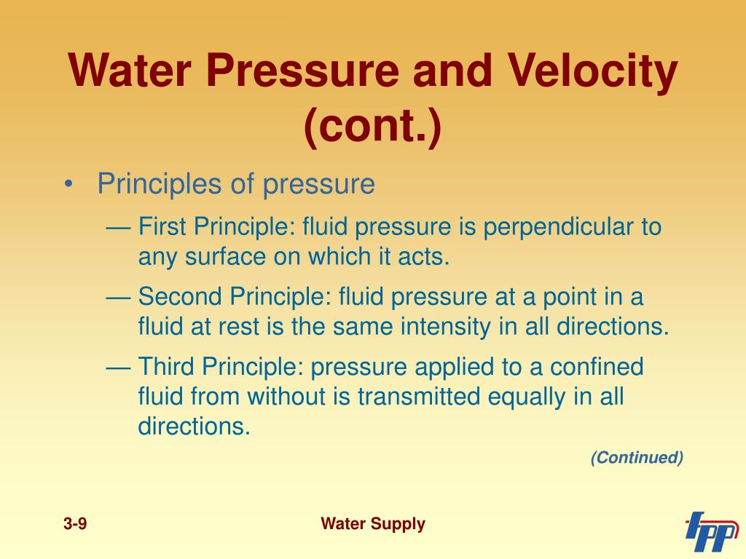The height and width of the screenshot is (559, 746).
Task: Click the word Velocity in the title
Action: click(592, 72)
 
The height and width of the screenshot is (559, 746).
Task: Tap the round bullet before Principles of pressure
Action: click(69, 184)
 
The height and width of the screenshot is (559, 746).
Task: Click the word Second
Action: click(180, 297)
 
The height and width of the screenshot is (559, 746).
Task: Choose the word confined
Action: click(597, 367)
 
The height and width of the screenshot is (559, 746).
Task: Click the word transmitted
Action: click(419, 397)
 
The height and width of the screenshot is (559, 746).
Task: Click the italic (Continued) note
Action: click(637, 457)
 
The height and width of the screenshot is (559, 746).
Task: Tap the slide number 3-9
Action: click(75, 524)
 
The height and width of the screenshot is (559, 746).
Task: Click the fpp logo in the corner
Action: click(711, 531)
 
